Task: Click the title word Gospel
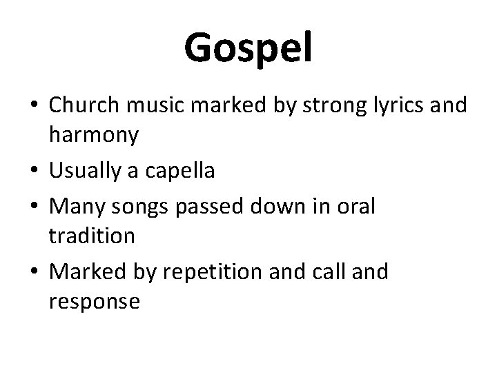248,48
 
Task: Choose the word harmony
94,136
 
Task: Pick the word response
95,302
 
